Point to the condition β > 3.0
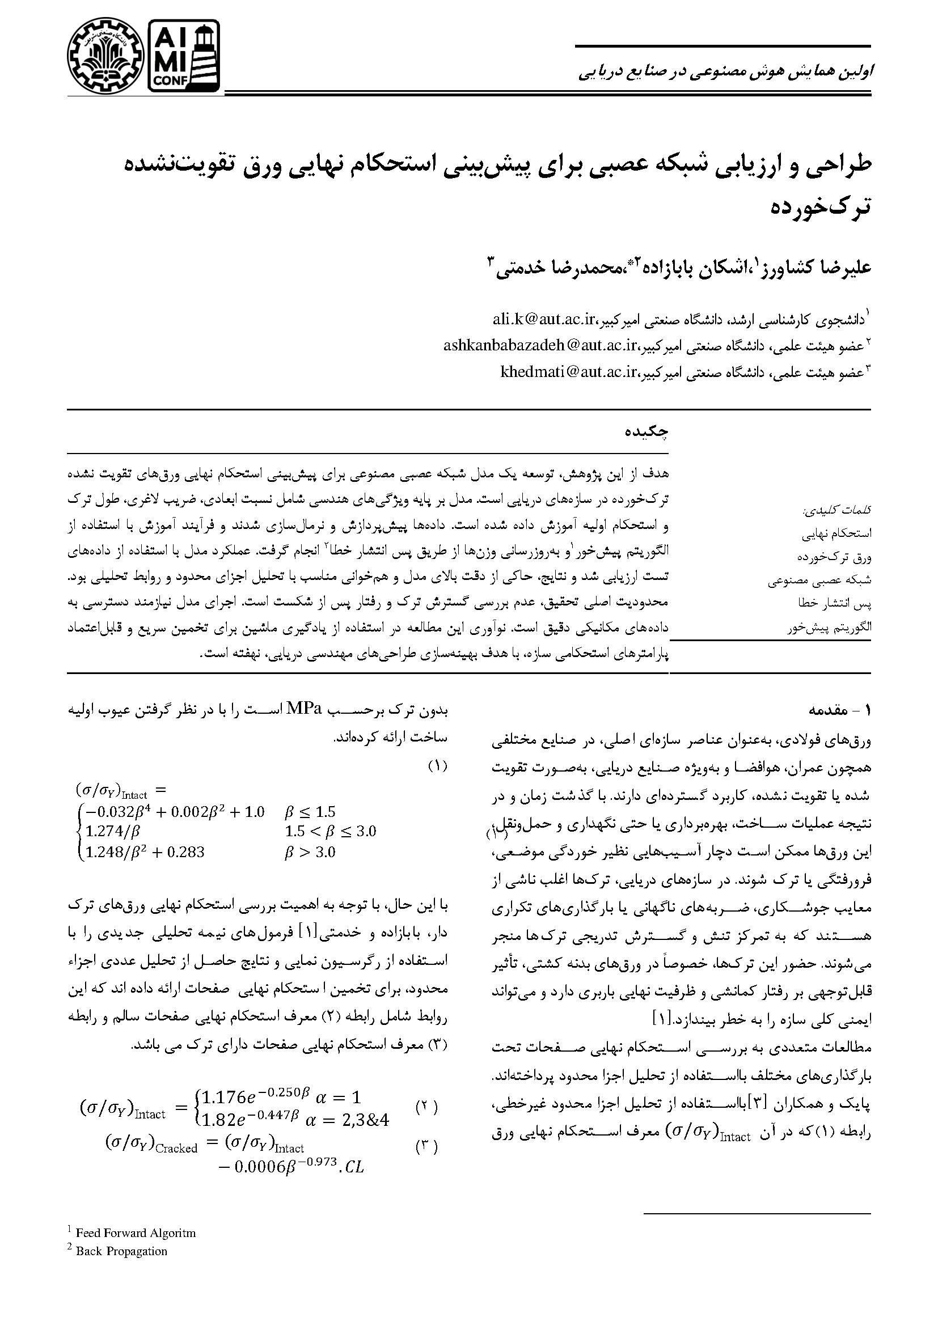pyautogui.click(x=310, y=852)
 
